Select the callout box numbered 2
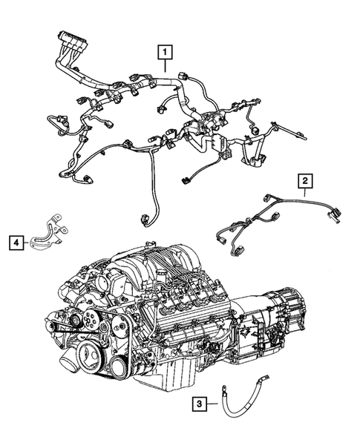(304, 180)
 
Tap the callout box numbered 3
(198, 404)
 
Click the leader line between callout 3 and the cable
(211, 404)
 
